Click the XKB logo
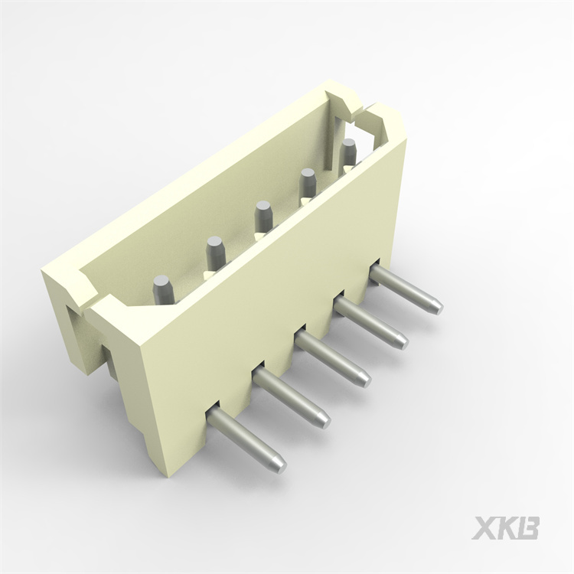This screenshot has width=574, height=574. coord(505,527)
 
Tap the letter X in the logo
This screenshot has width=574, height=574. coord(484,527)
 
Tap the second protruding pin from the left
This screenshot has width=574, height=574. coord(291,397)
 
